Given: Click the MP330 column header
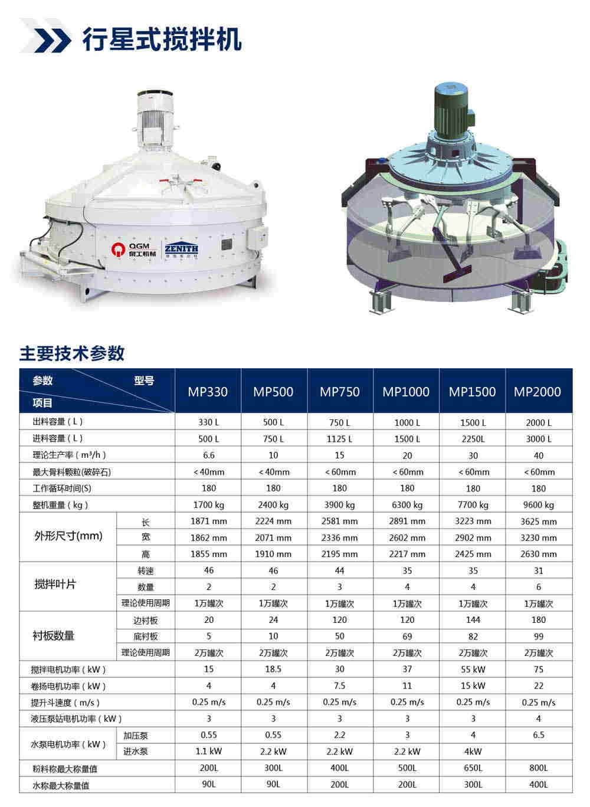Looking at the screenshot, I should pos(208,391).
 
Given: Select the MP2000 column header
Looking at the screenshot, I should pos(537,391).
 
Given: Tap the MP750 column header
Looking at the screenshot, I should pos(340,391).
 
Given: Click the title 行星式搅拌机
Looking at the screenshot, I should pos(162,39).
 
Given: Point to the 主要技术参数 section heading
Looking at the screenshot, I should pos(72,353).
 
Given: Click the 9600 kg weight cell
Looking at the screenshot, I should pos(539,505).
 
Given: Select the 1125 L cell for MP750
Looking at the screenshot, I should pos(340,439).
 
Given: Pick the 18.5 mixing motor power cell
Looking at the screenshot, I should pos(274,670).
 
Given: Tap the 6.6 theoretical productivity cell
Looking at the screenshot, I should pos(209,455).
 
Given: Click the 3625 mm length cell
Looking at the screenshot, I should pos(539,521).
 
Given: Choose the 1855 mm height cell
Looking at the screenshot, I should pos(209,555).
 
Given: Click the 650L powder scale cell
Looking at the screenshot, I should pos(473,768).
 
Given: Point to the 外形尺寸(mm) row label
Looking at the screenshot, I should pos(68,536).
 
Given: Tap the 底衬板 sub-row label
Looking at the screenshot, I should pos(146,637).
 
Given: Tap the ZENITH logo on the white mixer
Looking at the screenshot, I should pos(181,249).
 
